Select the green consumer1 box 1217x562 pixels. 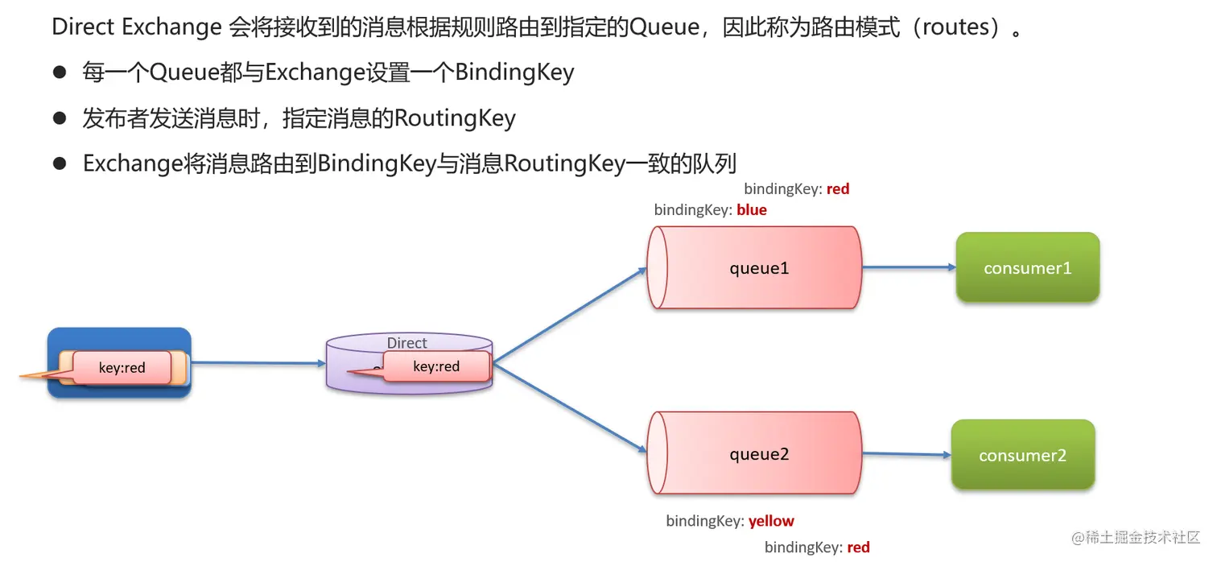pyautogui.click(x=1028, y=268)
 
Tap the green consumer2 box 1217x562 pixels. pyautogui.click(x=1023, y=455)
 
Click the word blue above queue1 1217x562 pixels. pyautogui.click(x=752, y=210)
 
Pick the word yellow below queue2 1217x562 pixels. pyautogui.click(x=771, y=521)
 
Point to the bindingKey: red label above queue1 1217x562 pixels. pyautogui.click(x=796, y=189)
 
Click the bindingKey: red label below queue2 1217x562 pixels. pyautogui.click(x=817, y=548)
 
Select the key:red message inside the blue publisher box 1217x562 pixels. pyautogui.click(x=122, y=368)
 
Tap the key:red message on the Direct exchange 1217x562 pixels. pyautogui.click(x=436, y=366)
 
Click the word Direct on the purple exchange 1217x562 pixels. pyautogui.click(x=406, y=343)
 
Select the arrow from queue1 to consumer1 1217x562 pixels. pyautogui.click(x=908, y=267)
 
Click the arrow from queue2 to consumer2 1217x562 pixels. pyautogui.click(x=906, y=454)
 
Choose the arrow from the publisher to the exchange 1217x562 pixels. pyautogui.click(x=258, y=363)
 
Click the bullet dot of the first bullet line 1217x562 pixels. pyautogui.click(x=59, y=72)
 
